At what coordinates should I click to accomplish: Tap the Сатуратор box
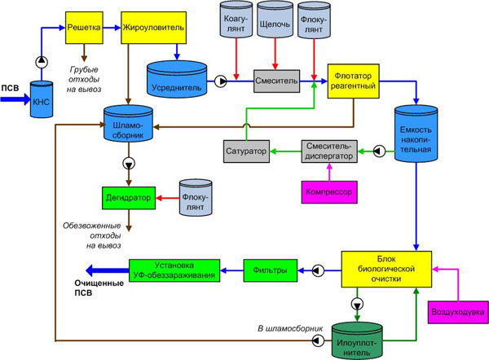coord(245,151)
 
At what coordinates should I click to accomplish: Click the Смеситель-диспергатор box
coord(329,151)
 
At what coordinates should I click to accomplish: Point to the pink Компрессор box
coord(327,192)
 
